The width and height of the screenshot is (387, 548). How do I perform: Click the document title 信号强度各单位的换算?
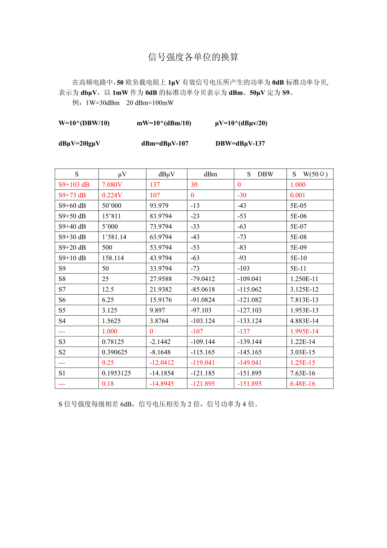[x=193, y=57]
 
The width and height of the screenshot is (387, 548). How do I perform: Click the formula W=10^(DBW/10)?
[x=84, y=123]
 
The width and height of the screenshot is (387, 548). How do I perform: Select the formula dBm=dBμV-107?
[x=165, y=144]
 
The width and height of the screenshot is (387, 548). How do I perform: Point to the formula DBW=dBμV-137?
[x=240, y=144]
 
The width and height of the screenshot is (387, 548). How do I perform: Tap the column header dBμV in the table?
[x=167, y=174]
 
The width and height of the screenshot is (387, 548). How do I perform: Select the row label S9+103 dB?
[x=74, y=185]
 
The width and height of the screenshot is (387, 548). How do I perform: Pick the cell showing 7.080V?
[x=112, y=185]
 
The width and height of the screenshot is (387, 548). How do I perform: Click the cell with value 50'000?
[x=112, y=205]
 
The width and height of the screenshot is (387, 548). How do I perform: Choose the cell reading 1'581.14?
[x=114, y=237]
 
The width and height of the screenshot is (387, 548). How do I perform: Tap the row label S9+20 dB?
[x=72, y=247]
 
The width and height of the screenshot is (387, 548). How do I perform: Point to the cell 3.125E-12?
[x=304, y=290]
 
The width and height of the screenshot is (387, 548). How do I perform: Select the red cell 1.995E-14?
[x=304, y=331]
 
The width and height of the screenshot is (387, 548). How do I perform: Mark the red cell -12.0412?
[x=162, y=363]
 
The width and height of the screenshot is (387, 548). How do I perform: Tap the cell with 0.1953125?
[x=117, y=373]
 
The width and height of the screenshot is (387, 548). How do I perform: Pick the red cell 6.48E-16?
[x=302, y=384]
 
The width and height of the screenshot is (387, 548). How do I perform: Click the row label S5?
[x=62, y=311]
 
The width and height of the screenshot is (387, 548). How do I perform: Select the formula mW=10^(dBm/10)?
[x=164, y=123]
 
